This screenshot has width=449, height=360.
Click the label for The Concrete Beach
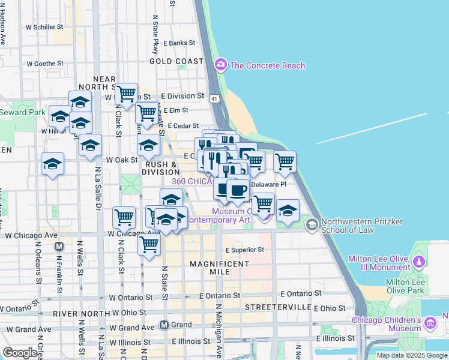(267, 65)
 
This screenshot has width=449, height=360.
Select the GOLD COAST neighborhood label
(176, 61)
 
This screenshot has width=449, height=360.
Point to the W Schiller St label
(44, 27)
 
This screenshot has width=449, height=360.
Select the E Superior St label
(245, 250)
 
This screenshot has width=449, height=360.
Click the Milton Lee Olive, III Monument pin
(419, 262)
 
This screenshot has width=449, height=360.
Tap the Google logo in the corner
(19, 353)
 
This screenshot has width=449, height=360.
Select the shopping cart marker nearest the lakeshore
(285, 161)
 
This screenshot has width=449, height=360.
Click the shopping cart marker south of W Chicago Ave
(148, 244)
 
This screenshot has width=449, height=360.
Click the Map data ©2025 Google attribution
(412, 355)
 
